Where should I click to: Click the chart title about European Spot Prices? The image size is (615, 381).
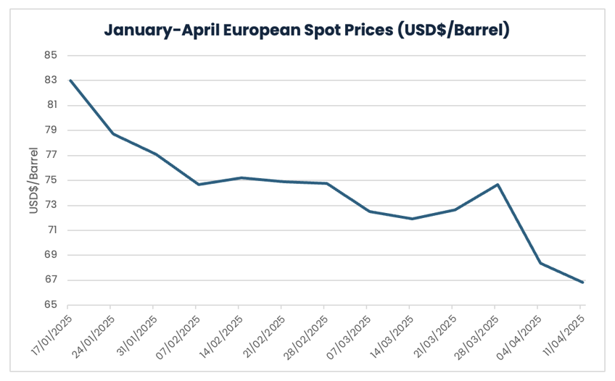pos(307,30)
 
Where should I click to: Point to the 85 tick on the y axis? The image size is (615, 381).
pos(51,55)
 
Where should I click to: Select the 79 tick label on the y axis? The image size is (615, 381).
pos(51,130)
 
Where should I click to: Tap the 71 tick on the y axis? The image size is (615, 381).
pos(51,230)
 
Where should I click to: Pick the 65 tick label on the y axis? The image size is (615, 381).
pos(51,305)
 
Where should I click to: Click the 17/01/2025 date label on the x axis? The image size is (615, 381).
pos(52,332)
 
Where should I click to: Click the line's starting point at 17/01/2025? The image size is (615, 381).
pos(70,80)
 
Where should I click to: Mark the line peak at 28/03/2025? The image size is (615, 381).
pos(498,184)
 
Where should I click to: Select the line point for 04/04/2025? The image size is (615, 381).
pos(540,263)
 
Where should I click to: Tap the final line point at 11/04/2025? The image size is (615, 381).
pos(582,282)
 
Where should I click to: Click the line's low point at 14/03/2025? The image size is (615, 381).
pos(412,219)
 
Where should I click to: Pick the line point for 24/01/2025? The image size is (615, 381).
pos(112,133)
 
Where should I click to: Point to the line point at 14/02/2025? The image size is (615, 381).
pos(241,177)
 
